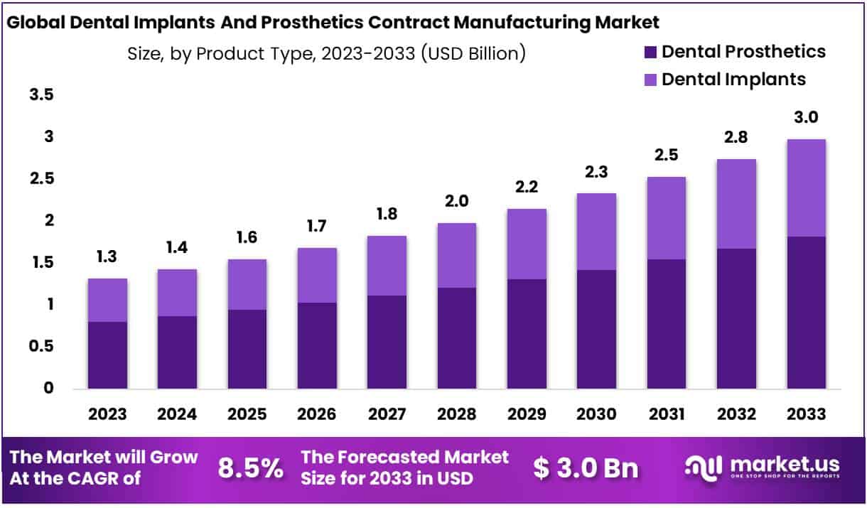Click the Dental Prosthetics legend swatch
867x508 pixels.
650,52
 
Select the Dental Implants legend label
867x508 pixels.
733,79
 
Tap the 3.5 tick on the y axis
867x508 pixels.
41,94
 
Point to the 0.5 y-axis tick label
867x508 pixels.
41,346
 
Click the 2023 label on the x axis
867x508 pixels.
107,414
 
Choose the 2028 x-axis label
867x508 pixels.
456,414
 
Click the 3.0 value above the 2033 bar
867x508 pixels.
807,117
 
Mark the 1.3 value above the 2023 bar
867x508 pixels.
107,256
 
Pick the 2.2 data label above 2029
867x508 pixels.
525,187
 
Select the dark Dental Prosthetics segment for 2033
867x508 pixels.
807,313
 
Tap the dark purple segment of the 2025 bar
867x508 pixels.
247,349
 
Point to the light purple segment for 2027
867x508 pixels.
386,266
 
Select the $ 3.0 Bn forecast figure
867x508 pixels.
586,468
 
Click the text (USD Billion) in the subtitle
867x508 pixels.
473,53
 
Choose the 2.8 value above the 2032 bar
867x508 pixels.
737,137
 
